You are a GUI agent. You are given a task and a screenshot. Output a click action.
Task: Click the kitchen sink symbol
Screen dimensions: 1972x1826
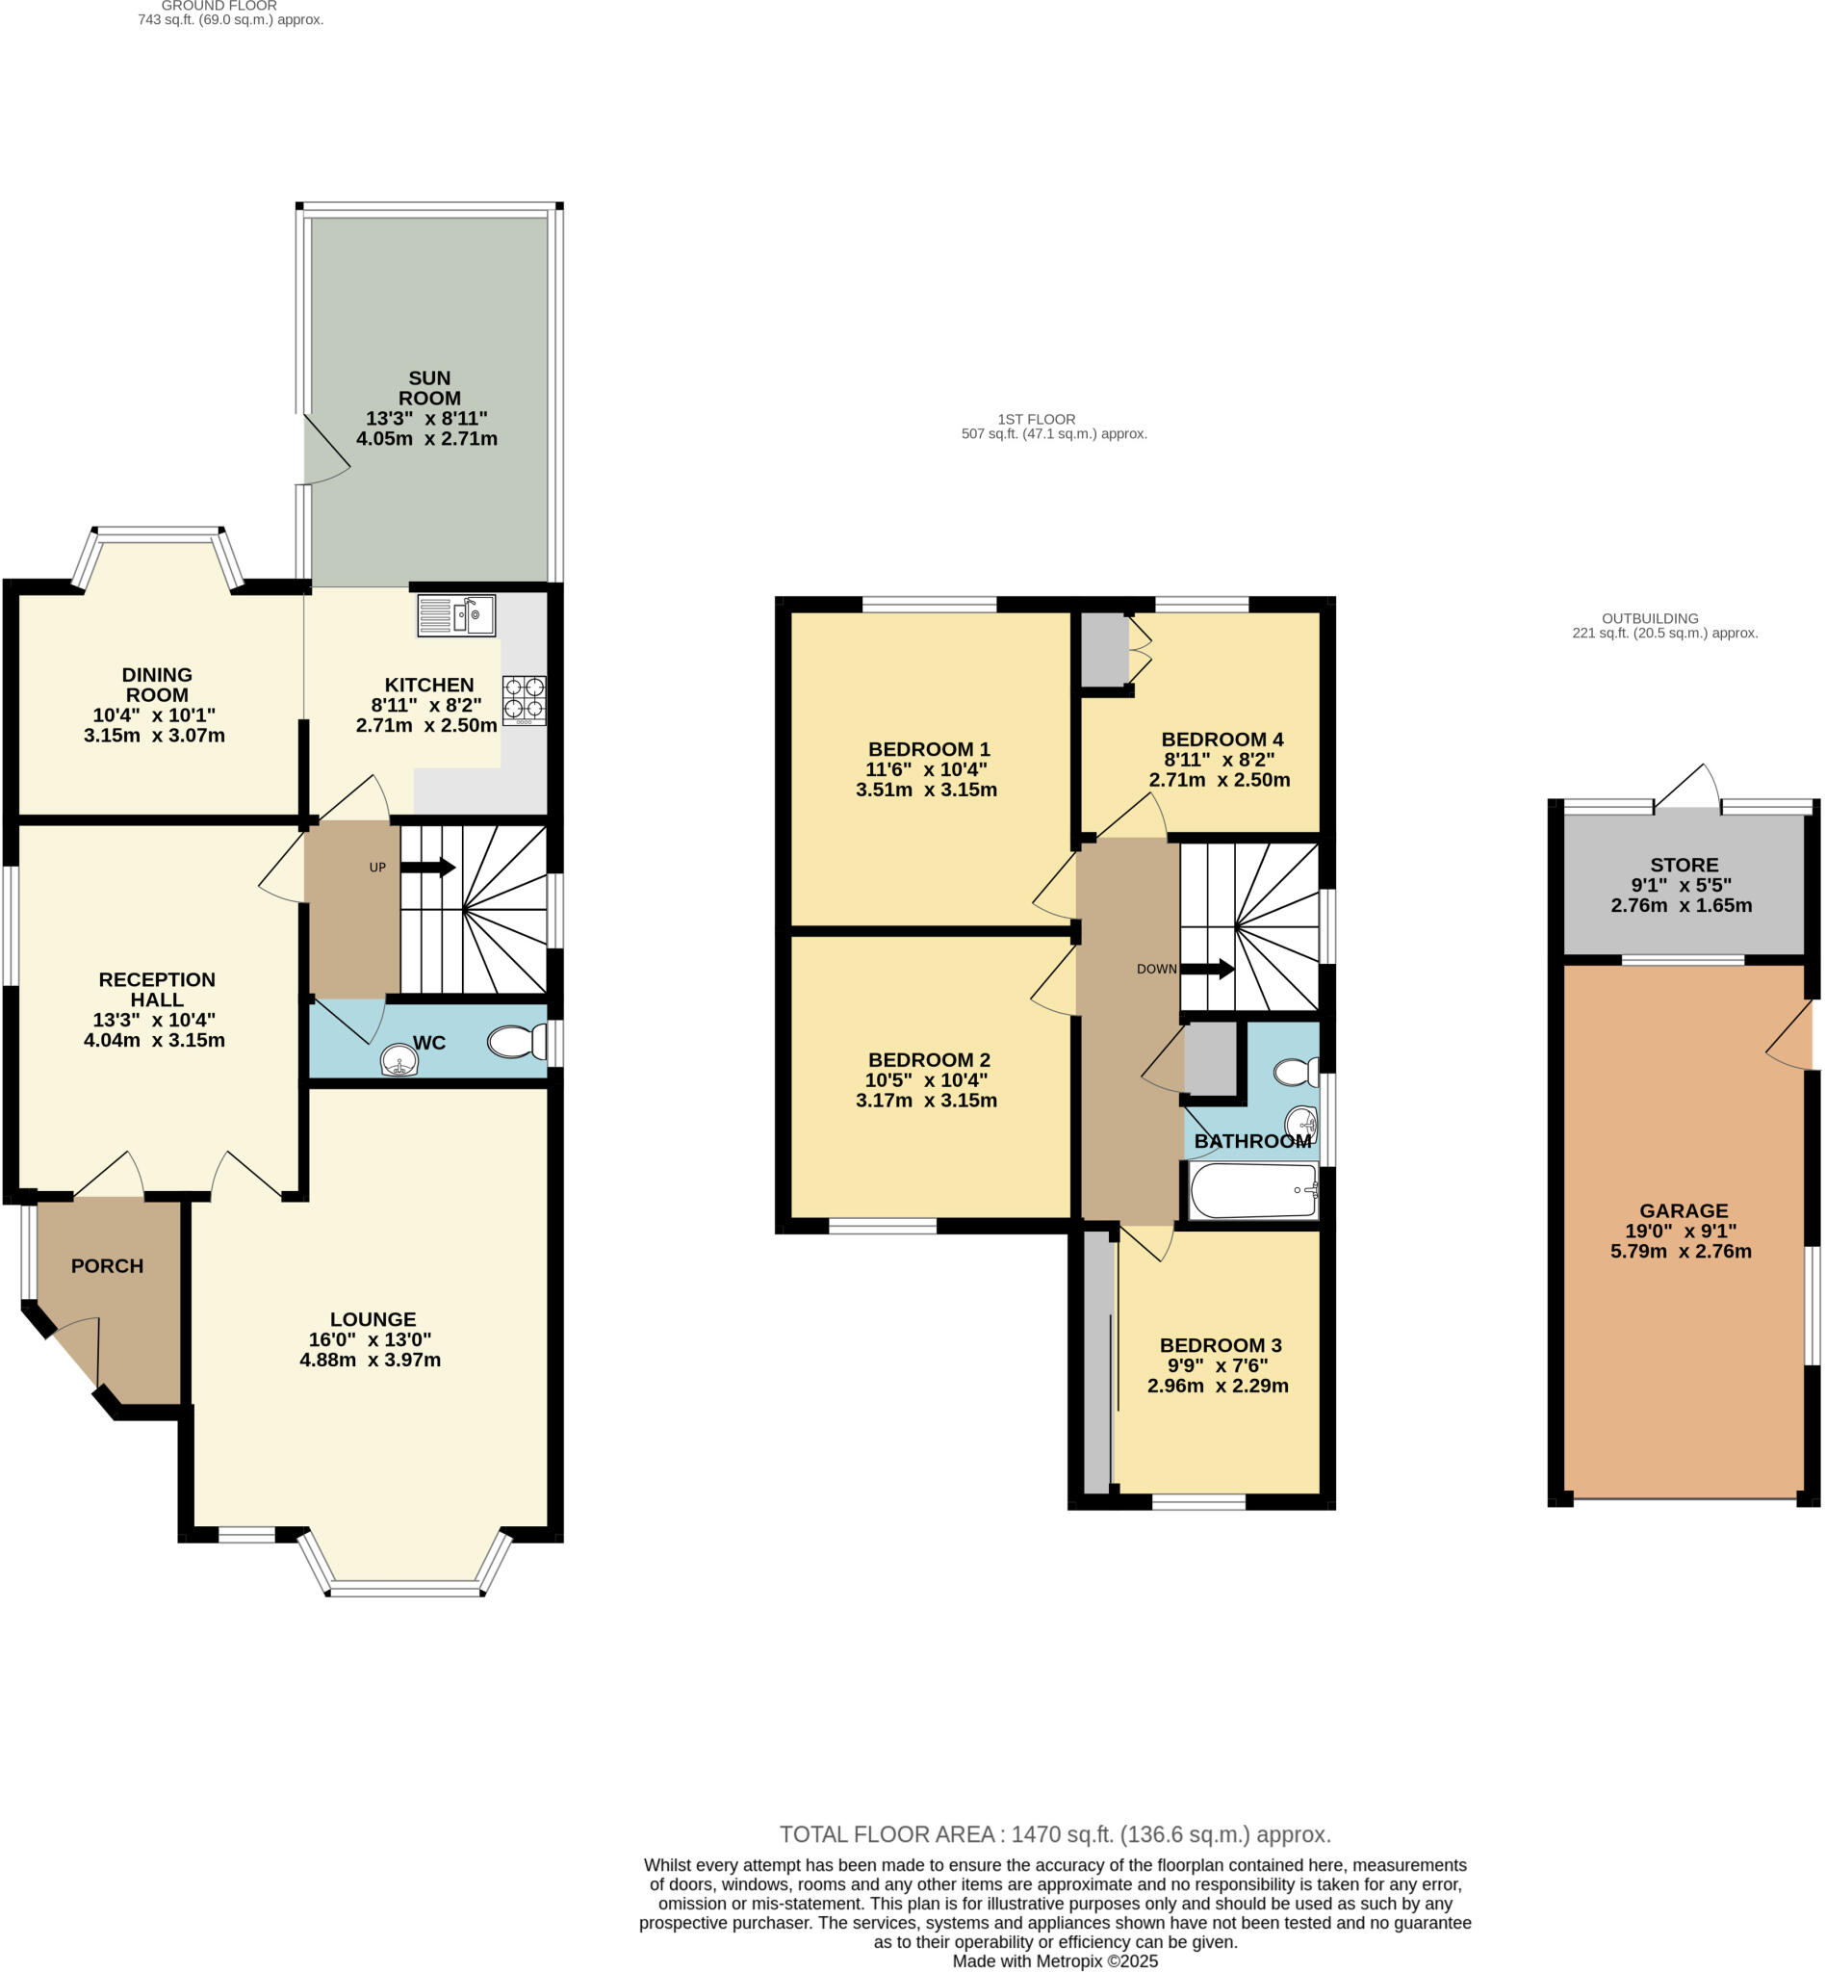coord(455,615)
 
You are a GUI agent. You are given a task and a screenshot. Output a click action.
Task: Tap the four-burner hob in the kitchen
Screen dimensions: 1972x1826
coord(524,699)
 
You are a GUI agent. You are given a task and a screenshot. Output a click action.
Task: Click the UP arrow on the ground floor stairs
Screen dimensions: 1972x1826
coord(427,867)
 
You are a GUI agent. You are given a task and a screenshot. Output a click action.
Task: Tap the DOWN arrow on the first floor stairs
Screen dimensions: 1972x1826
coord(1206,969)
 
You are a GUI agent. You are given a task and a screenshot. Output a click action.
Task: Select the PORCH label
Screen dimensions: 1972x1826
coord(107,1265)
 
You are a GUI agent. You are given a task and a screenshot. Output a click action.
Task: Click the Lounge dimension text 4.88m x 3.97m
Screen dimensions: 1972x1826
coord(370,1360)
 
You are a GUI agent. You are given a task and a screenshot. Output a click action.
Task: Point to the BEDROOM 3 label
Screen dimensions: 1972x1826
coord(1220,1344)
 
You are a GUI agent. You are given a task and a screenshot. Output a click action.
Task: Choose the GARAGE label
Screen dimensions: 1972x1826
coord(1683,1210)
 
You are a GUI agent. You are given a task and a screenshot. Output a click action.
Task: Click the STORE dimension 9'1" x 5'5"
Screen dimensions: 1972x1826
coord(1681,885)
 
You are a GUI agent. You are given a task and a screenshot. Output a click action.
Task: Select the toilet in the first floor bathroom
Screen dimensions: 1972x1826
coord(1295,1072)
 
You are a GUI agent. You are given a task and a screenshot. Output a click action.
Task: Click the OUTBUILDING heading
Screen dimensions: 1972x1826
coord(1649,618)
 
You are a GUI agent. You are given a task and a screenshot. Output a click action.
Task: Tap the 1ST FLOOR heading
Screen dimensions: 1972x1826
coord(1036,419)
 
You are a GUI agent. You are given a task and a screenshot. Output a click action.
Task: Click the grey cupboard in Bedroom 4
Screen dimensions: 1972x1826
coord(1104,648)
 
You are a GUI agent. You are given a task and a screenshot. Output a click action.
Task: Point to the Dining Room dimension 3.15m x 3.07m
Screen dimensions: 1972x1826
coord(154,736)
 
